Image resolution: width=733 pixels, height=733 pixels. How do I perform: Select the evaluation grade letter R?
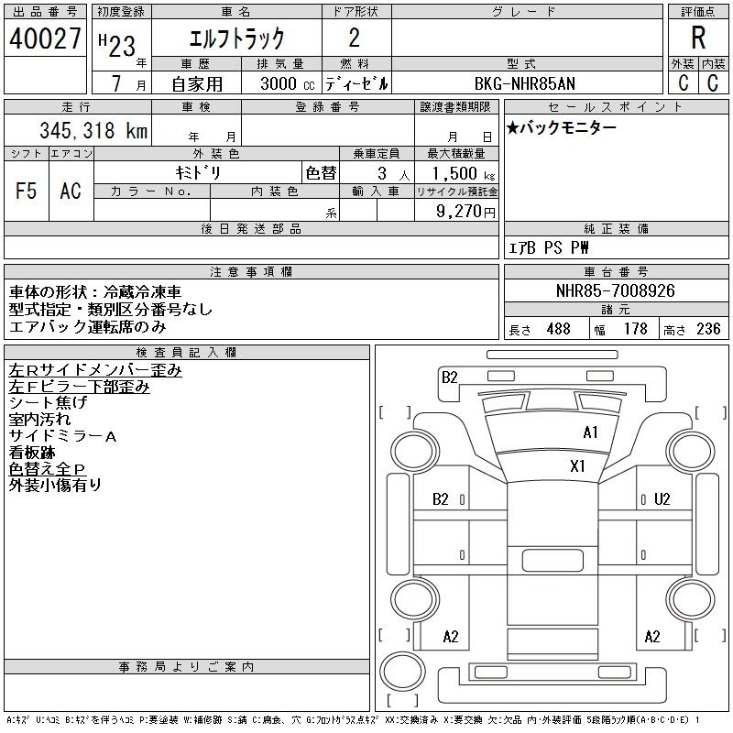(698, 38)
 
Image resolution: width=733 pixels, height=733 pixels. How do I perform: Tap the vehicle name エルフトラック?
(236, 39)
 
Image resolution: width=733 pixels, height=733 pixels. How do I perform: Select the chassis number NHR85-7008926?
(616, 291)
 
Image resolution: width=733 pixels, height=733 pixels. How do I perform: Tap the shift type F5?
(27, 191)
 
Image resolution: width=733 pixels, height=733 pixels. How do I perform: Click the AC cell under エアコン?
(71, 191)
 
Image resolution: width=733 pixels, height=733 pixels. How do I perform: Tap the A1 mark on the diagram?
(591, 432)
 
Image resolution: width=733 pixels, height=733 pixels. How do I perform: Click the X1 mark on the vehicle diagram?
(578, 466)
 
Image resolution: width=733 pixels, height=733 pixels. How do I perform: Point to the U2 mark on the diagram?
(662, 499)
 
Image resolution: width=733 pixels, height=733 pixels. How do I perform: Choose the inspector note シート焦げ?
(48, 402)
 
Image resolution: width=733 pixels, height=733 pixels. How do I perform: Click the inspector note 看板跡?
(32, 452)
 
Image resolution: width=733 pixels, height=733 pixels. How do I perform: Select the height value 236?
(708, 329)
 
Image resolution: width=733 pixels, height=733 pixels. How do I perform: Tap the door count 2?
(355, 38)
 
